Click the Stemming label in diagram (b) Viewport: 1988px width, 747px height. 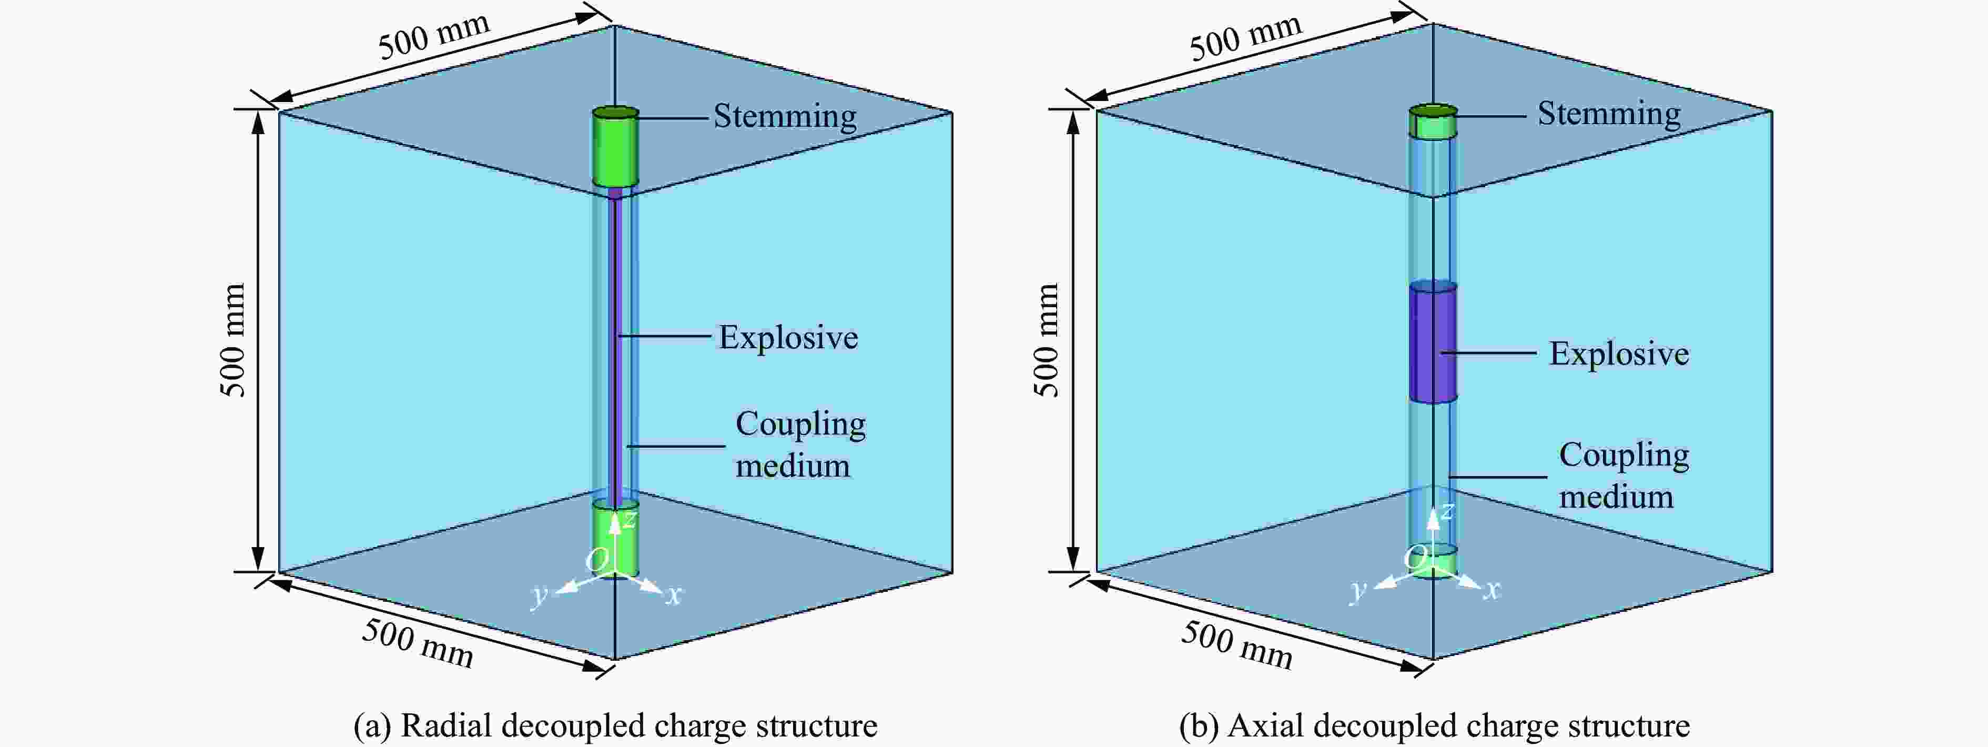[1609, 114]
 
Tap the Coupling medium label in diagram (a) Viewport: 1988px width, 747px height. [800, 445]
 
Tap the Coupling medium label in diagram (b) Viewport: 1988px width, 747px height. [1624, 476]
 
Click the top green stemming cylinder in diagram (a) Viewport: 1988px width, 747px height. [616, 147]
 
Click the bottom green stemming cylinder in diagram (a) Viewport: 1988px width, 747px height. [616, 539]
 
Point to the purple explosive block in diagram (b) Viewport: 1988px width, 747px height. [1433, 342]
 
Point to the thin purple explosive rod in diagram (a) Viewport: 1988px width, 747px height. [616, 347]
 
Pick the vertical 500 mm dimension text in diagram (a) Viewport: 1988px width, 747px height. [232, 340]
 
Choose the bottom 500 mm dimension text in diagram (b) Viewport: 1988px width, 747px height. [1237, 644]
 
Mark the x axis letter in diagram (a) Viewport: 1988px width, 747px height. [674, 595]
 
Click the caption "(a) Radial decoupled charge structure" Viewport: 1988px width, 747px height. [615, 726]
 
